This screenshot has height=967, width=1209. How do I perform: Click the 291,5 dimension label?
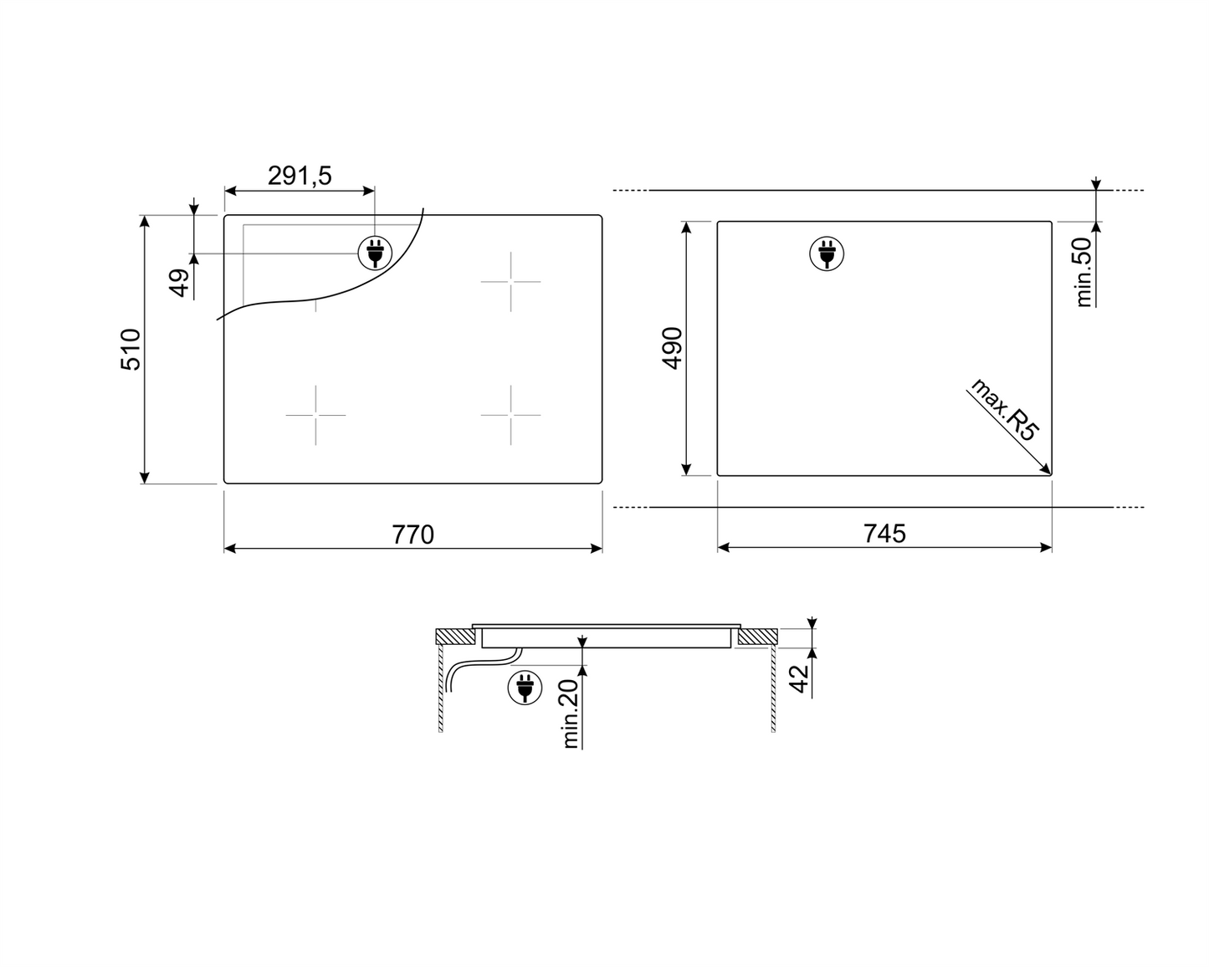[300, 176]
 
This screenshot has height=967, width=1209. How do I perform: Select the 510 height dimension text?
[131, 350]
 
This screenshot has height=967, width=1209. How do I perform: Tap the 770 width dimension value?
[413, 535]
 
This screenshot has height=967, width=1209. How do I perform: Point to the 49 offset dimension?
[180, 283]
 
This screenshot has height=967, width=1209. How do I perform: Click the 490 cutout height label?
[672, 348]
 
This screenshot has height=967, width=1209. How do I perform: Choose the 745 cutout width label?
[885, 533]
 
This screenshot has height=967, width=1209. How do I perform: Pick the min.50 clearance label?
[1083, 273]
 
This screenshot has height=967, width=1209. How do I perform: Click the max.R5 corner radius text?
[1005, 409]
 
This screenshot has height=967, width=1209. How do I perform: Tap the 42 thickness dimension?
[798, 679]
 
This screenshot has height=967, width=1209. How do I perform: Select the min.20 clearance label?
[570, 714]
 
